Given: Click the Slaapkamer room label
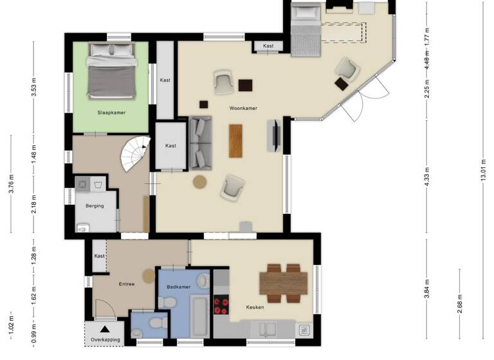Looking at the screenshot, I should coord(111,113).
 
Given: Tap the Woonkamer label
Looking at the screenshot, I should coord(243,109).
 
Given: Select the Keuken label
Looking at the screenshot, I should coord(255,307).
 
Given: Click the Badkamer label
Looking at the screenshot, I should coord(178,287).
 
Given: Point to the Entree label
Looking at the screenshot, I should coord(126,283).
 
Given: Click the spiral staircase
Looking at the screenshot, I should coord(137,152).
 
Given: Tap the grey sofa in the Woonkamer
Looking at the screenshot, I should coord(200,143).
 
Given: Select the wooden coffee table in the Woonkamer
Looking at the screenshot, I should coord(236,140).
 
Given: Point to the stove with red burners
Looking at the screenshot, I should coord(221,305).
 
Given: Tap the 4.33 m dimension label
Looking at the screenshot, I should coord(427,175).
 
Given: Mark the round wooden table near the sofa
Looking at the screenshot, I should coord(199,182).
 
